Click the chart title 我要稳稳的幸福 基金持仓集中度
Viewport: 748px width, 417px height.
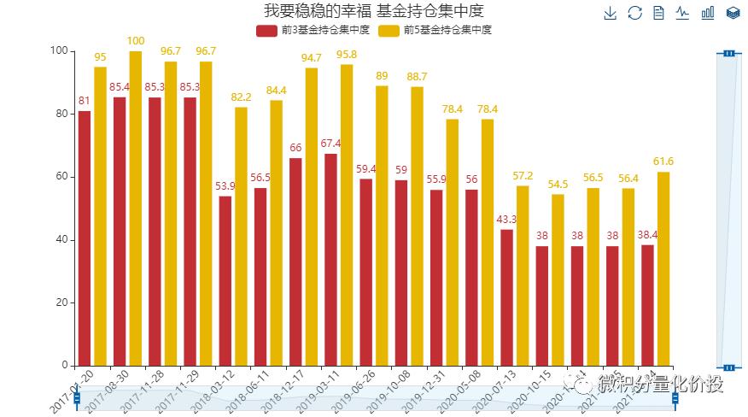[374, 11]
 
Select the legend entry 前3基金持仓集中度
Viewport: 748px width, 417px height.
[313, 30]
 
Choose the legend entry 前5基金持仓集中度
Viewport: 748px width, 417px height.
[435, 30]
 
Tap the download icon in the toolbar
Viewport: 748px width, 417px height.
[610, 13]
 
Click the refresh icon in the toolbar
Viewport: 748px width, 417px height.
[634, 13]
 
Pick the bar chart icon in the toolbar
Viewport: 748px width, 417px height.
[708, 13]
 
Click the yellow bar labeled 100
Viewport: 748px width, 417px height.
[136, 208]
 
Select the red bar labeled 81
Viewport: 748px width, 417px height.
[84, 238]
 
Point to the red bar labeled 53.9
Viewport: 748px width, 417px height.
[225, 281]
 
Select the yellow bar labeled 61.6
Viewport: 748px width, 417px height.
[663, 268]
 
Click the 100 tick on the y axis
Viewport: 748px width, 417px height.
[58, 51]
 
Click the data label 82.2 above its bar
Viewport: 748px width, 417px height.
[242, 97]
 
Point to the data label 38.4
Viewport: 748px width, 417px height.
[648, 234]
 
